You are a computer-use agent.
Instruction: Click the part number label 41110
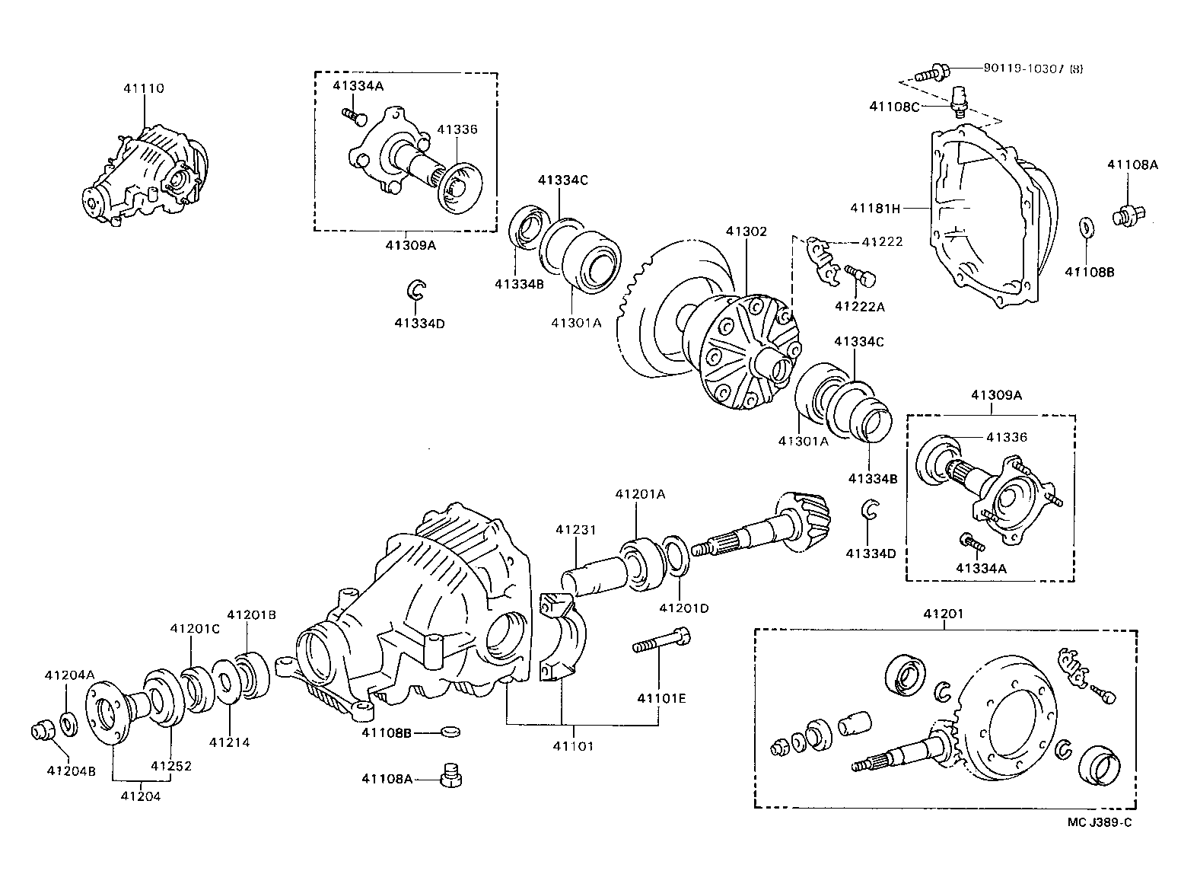[143, 88]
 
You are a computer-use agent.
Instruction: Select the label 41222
[882, 242]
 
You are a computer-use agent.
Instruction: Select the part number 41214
[230, 742]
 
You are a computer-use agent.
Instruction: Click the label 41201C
[195, 628]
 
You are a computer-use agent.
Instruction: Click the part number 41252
[170, 766]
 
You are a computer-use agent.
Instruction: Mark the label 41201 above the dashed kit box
[944, 614]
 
